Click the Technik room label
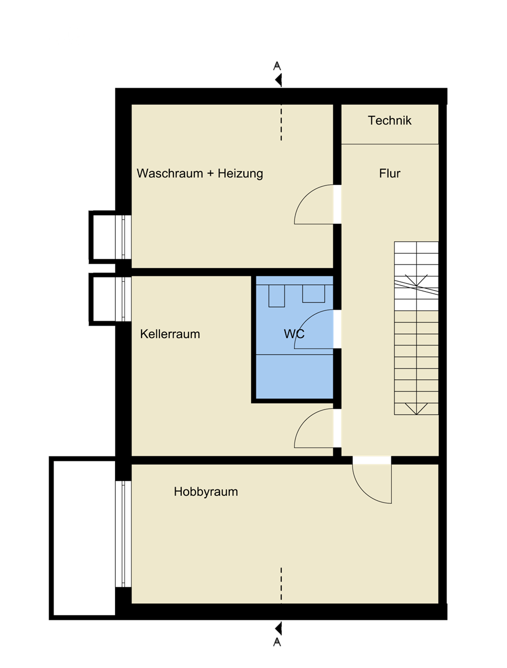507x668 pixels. pos(389,121)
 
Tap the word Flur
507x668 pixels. pos(389,174)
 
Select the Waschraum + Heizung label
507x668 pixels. pos(199,174)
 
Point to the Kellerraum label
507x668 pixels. pos(170,334)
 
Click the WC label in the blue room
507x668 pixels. pos(294,334)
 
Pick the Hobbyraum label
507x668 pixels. pos(205,492)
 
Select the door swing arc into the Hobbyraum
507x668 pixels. pos(363,492)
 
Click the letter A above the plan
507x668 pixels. pos(277,66)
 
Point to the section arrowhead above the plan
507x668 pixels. pos(278,80)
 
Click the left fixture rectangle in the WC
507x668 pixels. pos(276,296)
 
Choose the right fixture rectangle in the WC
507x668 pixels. pos(313,294)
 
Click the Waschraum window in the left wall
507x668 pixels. pos(123,237)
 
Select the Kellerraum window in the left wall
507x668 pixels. pos(123,299)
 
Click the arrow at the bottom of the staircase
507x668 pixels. pos(416,408)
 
